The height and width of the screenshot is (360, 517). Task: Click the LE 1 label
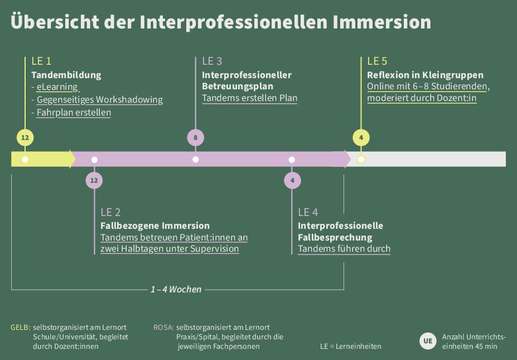[41, 61]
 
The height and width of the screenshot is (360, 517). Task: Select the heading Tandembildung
[66, 75]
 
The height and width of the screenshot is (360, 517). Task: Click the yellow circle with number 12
[25, 137]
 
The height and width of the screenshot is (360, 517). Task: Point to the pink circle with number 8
[195, 137]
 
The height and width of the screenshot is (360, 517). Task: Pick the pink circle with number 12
[94, 180]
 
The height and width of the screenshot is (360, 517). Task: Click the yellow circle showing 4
[361, 137]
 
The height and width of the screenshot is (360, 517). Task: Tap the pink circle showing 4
[292, 180]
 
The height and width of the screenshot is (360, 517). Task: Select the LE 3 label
[212, 61]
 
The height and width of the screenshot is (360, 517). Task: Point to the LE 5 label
[377, 61]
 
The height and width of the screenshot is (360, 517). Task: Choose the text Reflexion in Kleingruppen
[425, 75]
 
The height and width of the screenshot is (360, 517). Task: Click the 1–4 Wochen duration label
[176, 289]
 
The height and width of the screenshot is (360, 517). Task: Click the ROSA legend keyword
[163, 327]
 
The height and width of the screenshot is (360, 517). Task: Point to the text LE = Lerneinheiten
[350, 346]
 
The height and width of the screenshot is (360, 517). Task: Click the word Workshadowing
[129, 100]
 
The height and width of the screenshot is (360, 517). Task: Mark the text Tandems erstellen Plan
[249, 98]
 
